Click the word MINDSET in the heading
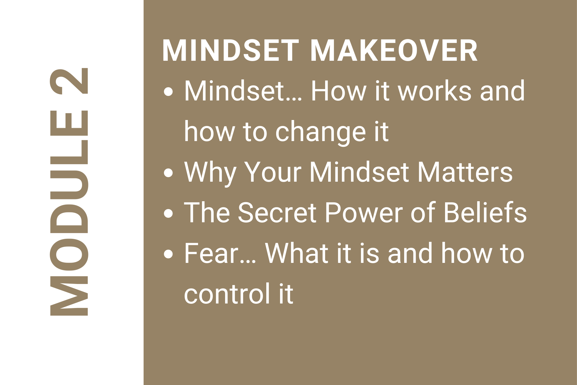pyautogui.click(x=230, y=51)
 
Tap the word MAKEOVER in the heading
pyautogui.click(x=394, y=51)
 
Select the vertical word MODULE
pyautogui.click(x=69, y=213)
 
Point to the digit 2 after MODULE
pyautogui.click(x=69, y=81)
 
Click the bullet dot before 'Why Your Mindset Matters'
pyautogui.click(x=169, y=173)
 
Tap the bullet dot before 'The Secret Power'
pyautogui.click(x=169, y=213)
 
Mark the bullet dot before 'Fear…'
pyautogui.click(x=169, y=254)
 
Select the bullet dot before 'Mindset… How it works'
pyautogui.click(x=169, y=91)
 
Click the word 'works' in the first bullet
pyautogui.click(x=435, y=91)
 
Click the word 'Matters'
pyautogui.click(x=465, y=172)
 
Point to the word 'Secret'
pyautogui.click(x=277, y=213)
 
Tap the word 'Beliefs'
pyautogui.click(x=485, y=212)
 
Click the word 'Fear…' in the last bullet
pyautogui.click(x=220, y=253)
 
